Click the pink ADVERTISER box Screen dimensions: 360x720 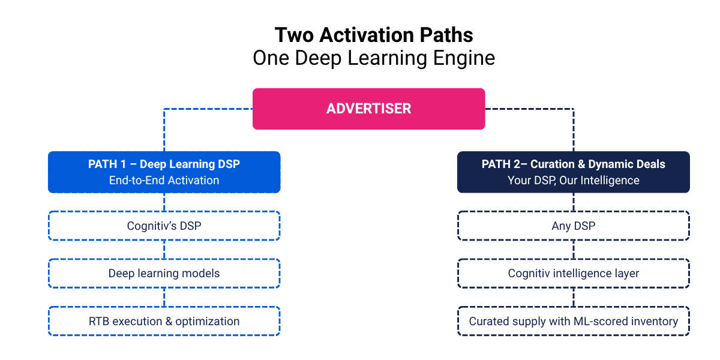(x=368, y=109)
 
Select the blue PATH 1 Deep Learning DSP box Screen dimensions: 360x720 (x=164, y=172)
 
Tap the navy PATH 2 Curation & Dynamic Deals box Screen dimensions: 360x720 (x=573, y=172)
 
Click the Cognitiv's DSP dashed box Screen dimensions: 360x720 (x=164, y=226)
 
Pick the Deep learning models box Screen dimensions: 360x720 (x=164, y=274)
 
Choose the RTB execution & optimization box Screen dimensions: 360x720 (x=164, y=322)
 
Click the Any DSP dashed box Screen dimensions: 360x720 (x=573, y=226)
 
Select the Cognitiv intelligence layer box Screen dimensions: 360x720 (x=573, y=274)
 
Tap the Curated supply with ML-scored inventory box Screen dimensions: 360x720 (x=573, y=322)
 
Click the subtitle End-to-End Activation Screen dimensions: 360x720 (x=164, y=181)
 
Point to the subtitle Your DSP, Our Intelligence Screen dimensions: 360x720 (x=573, y=181)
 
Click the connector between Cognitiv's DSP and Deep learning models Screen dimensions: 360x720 (x=164, y=250)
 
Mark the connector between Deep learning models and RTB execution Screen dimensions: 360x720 (x=164, y=298)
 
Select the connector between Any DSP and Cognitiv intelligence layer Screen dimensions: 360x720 (x=574, y=250)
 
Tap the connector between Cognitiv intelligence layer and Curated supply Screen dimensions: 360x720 (x=574, y=298)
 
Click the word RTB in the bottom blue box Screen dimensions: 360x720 (x=98, y=322)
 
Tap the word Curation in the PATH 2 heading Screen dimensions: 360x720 (x=556, y=164)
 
